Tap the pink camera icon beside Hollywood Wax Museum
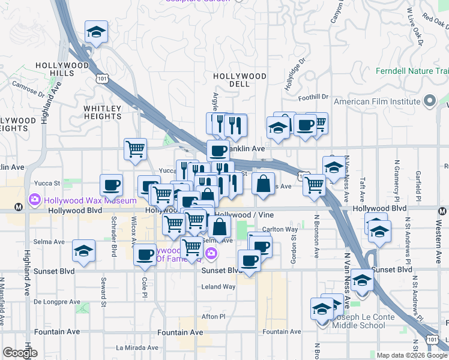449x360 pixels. (x=34, y=199)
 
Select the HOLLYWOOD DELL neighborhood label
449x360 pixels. (x=240, y=80)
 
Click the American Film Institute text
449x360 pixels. (x=377, y=101)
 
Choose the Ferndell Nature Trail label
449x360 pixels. (x=412, y=71)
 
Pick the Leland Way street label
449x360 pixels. (x=218, y=287)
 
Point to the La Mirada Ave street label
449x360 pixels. (x=136, y=347)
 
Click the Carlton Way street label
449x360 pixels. (x=280, y=229)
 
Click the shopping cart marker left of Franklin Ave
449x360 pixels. (x=136, y=149)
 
